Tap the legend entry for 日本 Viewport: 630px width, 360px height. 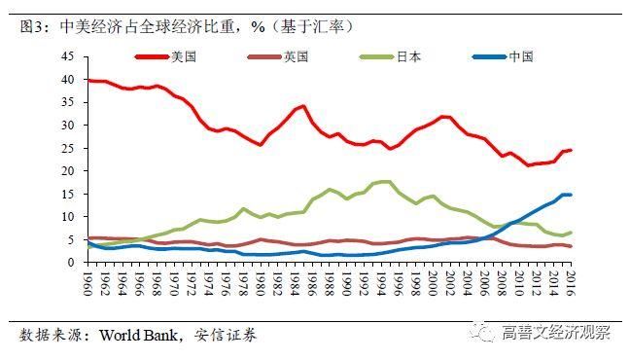click(408, 56)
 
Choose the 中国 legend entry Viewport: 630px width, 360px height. click(521, 56)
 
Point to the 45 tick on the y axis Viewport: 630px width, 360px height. click(67, 56)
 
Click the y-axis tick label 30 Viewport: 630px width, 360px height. click(67, 126)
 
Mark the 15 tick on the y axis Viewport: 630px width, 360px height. click(67, 194)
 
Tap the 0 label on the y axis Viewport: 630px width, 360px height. click(70, 262)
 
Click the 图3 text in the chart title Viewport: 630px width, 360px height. click(33, 24)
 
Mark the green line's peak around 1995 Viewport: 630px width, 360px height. click(386, 181)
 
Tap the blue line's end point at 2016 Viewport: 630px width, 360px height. click(570, 195)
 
